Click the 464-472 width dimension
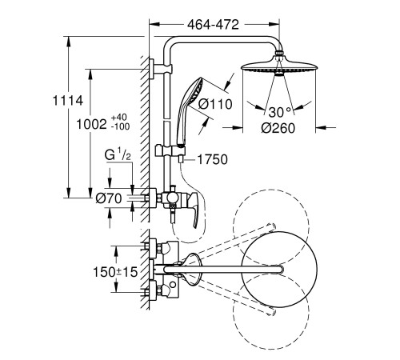pyautogui.click(x=213, y=25)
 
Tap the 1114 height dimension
pyautogui.click(x=68, y=101)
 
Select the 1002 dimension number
pyautogui.click(x=91, y=124)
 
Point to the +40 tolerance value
pyautogui.click(x=119, y=118)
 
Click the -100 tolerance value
pyautogui.click(x=120, y=126)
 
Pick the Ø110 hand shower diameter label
pyautogui.click(x=215, y=104)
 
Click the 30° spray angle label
pyautogui.click(x=280, y=112)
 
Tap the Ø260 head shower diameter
pyautogui.click(x=278, y=128)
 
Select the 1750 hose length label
pyautogui.click(x=213, y=159)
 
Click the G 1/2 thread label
pyautogui.click(x=118, y=155)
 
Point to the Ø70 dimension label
pyautogui.click(x=109, y=198)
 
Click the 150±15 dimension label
pyautogui.click(x=115, y=272)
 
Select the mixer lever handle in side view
pyautogui.click(x=194, y=208)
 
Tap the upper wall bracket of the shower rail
pyautogui.click(x=160, y=69)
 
